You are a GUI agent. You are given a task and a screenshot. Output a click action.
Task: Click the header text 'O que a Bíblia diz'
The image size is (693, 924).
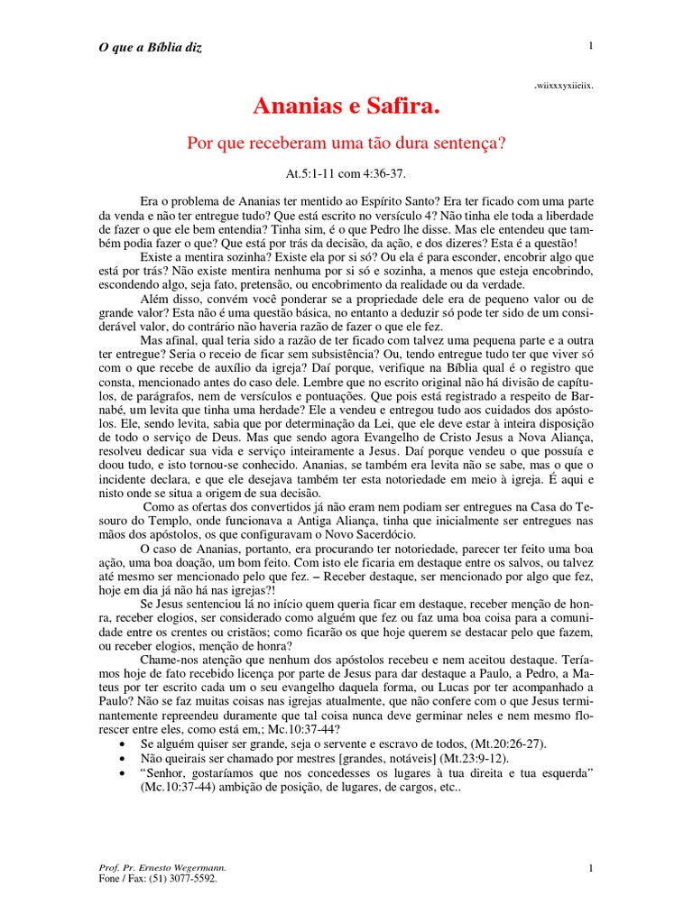[150, 47]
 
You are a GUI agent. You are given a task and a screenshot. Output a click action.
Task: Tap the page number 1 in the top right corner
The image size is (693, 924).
[590, 46]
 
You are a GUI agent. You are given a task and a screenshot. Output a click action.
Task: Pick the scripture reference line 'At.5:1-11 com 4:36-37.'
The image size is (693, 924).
[346, 171]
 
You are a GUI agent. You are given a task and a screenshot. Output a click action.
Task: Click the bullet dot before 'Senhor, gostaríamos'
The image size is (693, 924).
[123, 772]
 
